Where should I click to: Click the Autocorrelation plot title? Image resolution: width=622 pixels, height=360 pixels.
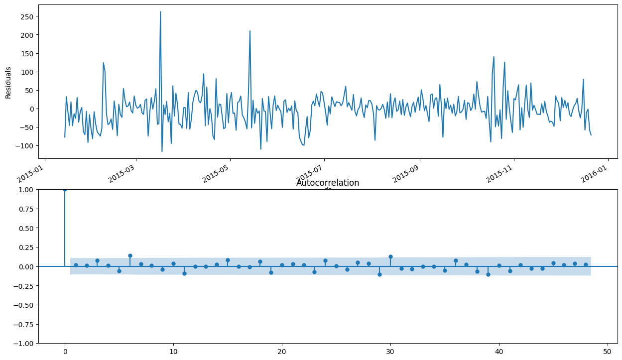(x=328, y=183)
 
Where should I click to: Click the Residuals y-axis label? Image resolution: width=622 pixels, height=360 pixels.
(x=8, y=83)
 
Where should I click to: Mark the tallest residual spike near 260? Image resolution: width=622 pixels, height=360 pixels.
(x=160, y=11)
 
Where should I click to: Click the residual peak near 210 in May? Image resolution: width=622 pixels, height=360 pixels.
(x=250, y=31)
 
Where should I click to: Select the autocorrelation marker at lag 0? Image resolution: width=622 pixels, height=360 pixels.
(x=65, y=189)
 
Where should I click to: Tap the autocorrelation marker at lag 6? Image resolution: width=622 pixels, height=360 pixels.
(x=130, y=255)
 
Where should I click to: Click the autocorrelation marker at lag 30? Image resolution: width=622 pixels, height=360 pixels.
(x=390, y=256)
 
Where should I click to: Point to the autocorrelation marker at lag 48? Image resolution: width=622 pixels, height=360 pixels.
(x=586, y=264)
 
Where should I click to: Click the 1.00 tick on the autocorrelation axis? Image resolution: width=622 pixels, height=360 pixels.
(x=26, y=189)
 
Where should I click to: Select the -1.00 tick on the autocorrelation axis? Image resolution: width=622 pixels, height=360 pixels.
(x=24, y=343)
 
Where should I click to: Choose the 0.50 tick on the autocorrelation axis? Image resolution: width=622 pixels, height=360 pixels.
(x=26, y=228)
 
